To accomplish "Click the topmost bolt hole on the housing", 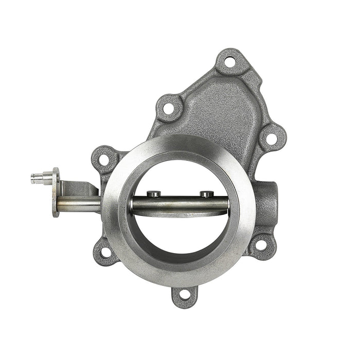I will click(230, 62).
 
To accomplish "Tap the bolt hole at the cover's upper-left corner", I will click(168, 109).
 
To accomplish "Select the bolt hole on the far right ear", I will click(271, 138).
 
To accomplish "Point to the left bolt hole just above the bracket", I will click(104, 159).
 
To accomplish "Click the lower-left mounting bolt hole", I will click(105, 252).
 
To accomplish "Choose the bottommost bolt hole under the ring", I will click(184, 294).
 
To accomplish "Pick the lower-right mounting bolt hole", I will click(261, 245).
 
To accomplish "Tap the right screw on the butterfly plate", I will click(206, 194).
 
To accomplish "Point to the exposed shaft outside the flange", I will click(80, 205).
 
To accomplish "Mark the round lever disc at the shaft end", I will click(56, 193).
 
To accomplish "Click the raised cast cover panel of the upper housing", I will click(219, 111).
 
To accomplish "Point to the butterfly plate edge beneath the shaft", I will click(180, 213).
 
